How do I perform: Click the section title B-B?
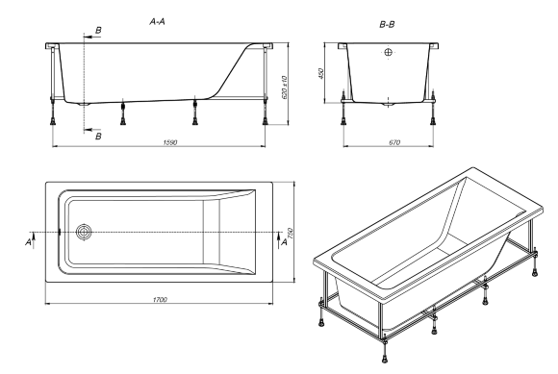coord(389,18)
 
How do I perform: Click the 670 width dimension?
coord(388,142)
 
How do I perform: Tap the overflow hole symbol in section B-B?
coord(389,52)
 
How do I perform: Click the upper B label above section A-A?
coord(98,31)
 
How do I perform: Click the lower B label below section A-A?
coord(98,137)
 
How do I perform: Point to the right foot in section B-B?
coord(435,121)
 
